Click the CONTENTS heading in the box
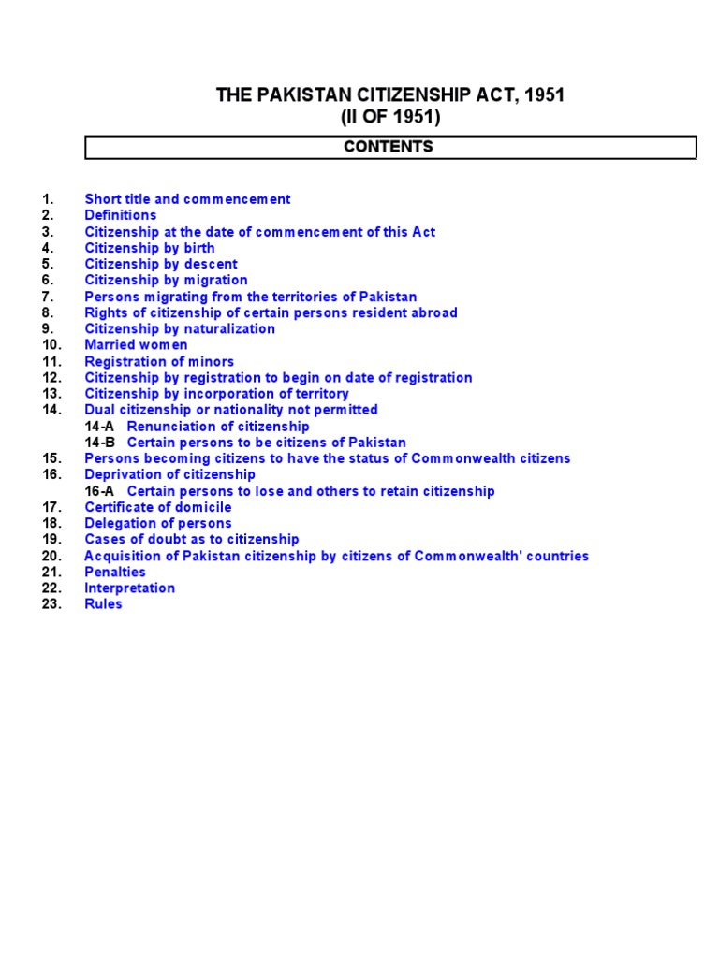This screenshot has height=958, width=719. pyautogui.click(x=389, y=147)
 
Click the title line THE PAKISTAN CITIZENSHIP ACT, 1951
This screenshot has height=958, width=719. pyautogui.click(x=389, y=95)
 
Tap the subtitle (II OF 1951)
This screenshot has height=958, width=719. pyautogui.click(x=389, y=117)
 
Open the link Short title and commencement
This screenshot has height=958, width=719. pyautogui.click(x=187, y=199)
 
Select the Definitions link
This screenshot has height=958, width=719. pyautogui.click(x=121, y=215)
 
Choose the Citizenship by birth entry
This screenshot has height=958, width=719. pyautogui.click(x=150, y=248)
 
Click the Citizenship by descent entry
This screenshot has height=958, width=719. pyautogui.click(x=161, y=264)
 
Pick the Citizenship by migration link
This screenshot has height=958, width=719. pyautogui.click(x=166, y=280)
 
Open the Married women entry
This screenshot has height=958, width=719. pyautogui.click(x=136, y=345)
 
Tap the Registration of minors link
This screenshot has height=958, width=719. pyautogui.click(x=159, y=361)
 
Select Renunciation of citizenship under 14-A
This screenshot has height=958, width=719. pyautogui.click(x=218, y=427)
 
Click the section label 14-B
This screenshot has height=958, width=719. pyautogui.click(x=100, y=443)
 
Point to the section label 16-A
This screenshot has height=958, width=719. pyautogui.click(x=100, y=491)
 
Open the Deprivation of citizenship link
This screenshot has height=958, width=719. pyautogui.click(x=169, y=474)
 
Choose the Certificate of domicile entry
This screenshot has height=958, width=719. pyautogui.click(x=158, y=507)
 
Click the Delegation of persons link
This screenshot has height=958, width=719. pyautogui.click(x=158, y=523)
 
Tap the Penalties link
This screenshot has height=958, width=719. pyautogui.click(x=115, y=572)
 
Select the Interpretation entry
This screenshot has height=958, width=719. pyautogui.click(x=129, y=588)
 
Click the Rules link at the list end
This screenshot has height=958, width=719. pyautogui.click(x=103, y=604)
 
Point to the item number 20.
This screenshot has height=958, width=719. pyautogui.click(x=51, y=556)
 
